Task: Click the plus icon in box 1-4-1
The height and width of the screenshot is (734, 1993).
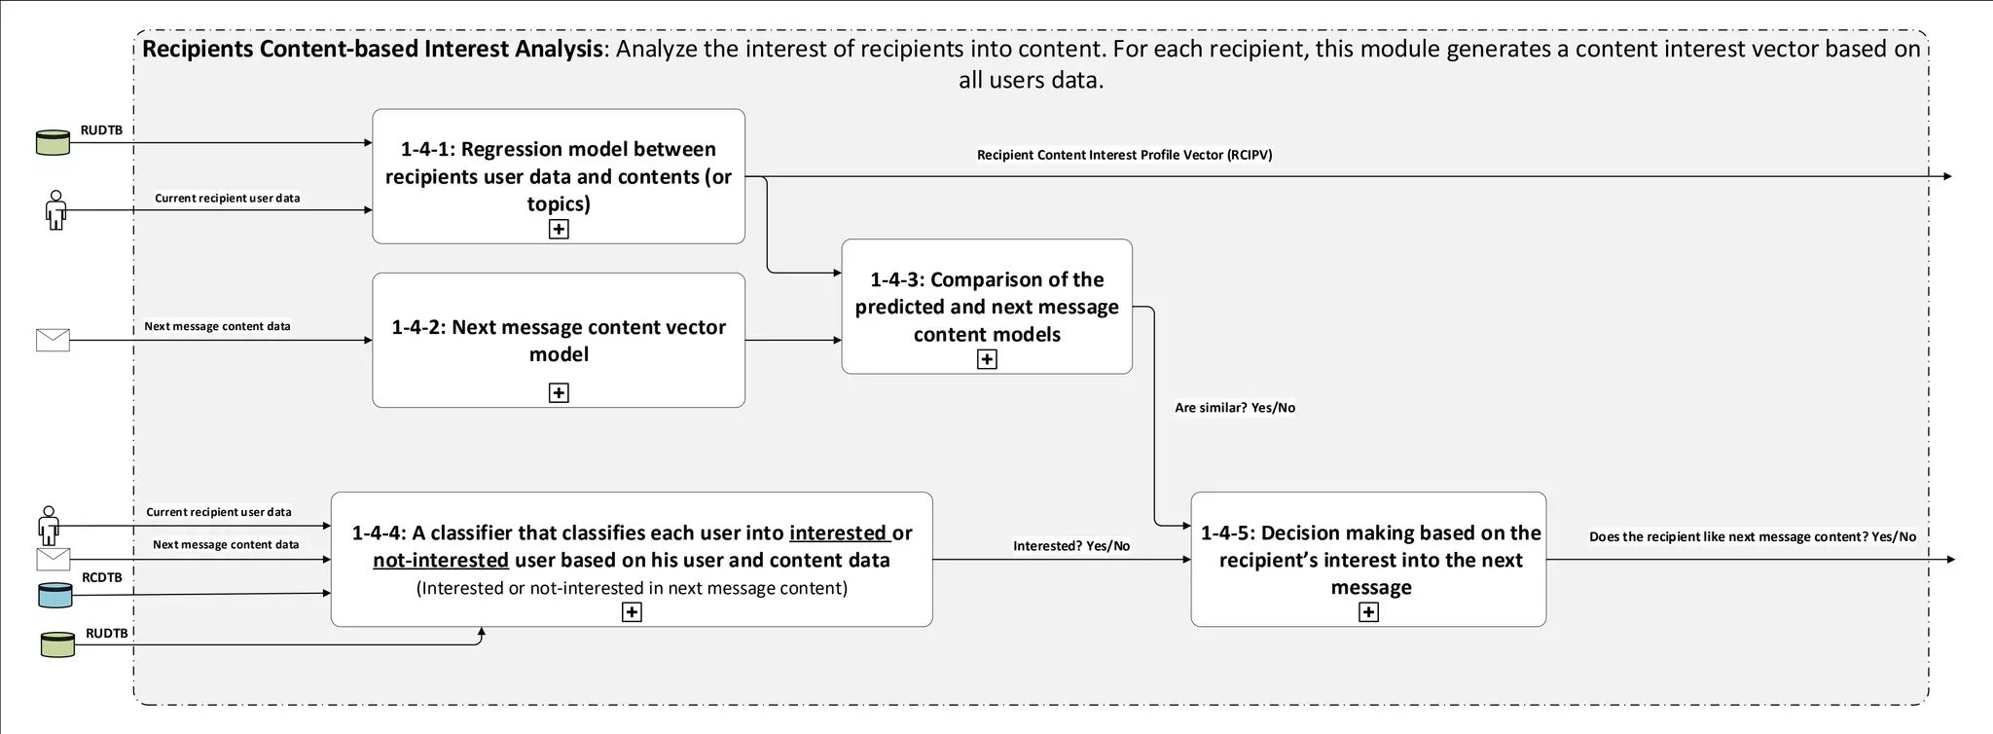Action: click(x=559, y=230)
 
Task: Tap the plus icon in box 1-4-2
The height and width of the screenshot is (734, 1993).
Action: click(x=559, y=393)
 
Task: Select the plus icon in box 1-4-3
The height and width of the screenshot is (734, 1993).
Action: click(x=987, y=359)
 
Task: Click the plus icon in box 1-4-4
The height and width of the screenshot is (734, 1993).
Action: click(x=632, y=612)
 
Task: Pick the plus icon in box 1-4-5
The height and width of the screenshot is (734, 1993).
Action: click(x=1368, y=612)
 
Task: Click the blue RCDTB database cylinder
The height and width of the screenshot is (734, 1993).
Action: click(x=55, y=595)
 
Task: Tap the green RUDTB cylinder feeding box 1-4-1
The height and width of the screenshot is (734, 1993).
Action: click(x=53, y=142)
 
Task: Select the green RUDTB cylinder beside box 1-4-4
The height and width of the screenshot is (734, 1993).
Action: click(x=57, y=644)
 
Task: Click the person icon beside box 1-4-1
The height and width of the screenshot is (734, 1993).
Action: click(x=55, y=210)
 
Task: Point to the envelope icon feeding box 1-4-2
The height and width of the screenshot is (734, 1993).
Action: click(x=53, y=340)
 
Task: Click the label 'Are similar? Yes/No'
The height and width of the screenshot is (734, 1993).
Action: click(x=1234, y=408)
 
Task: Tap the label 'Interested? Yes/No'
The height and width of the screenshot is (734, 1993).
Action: click(x=1070, y=546)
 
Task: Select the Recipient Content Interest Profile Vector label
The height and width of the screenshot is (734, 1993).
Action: click(x=1124, y=155)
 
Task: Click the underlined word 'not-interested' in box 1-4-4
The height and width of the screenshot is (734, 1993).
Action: click(x=441, y=561)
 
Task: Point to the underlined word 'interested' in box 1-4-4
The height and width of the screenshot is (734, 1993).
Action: click(x=838, y=533)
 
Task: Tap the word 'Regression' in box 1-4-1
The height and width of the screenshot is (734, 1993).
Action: click(x=506, y=149)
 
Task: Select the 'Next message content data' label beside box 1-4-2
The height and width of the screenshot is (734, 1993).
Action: click(x=217, y=326)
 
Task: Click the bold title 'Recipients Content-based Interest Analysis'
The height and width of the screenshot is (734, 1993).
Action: click(x=372, y=50)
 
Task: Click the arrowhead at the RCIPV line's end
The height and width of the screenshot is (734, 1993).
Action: click(x=1947, y=176)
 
